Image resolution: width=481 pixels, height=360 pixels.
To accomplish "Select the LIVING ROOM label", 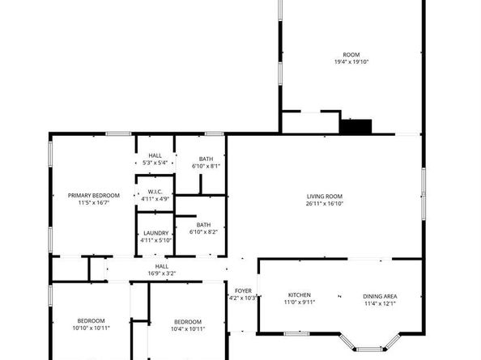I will (325, 196).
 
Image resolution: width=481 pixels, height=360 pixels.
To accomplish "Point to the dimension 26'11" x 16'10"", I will (325, 203).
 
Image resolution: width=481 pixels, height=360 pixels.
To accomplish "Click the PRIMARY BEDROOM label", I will (94, 195).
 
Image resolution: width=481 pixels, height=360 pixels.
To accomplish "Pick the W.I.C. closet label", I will (155, 191).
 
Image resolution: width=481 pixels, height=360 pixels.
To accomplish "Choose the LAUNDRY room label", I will (155, 232).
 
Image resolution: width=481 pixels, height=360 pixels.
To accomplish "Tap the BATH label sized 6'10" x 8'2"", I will (203, 225).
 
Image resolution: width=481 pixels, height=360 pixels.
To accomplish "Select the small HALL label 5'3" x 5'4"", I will (155, 155).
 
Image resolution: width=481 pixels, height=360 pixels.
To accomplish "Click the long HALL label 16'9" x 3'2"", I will (162, 266).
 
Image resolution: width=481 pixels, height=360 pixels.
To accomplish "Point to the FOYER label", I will (244, 290).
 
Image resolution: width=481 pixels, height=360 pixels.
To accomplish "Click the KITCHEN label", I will (300, 295).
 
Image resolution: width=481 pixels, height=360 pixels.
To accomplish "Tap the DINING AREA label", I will (380, 295).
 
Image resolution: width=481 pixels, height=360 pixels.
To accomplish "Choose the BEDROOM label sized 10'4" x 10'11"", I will (188, 320).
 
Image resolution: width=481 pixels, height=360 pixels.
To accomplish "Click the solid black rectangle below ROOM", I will (355, 126).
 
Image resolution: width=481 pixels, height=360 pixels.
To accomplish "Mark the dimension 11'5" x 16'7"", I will (94, 202).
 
